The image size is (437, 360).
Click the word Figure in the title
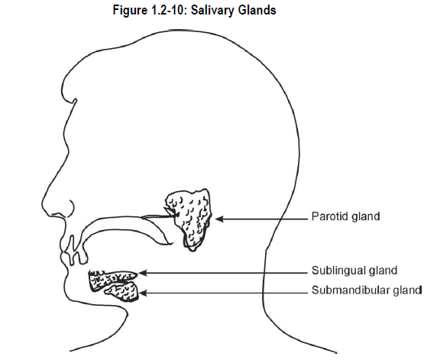(x=130, y=11)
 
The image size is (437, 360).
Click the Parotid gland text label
(x=345, y=216)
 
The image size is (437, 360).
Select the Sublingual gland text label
(x=354, y=271)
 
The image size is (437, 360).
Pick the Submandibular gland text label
(x=367, y=290)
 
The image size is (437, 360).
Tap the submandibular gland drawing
(x=123, y=292)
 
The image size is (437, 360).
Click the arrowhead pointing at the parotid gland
(x=219, y=219)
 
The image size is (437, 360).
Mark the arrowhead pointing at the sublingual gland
(x=142, y=273)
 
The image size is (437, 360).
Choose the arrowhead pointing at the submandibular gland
(x=143, y=293)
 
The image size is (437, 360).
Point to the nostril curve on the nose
(x=71, y=209)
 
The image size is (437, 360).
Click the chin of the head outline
(x=66, y=289)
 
